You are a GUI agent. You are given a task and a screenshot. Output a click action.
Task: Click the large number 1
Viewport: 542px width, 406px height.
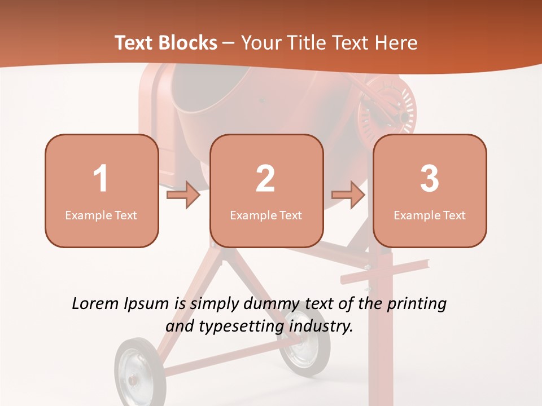(100, 179)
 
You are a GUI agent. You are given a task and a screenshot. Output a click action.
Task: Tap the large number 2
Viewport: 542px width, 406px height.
(265, 179)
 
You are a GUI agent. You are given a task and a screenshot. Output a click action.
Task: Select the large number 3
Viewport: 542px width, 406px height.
(430, 179)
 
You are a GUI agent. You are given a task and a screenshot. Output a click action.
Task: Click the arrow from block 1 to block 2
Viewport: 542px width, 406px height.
(184, 196)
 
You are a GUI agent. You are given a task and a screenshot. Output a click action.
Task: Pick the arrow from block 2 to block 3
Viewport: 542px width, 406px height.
(348, 196)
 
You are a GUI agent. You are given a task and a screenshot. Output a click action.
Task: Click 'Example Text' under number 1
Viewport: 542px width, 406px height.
(101, 215)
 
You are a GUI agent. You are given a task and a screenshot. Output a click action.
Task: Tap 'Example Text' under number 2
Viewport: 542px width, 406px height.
(266, 215)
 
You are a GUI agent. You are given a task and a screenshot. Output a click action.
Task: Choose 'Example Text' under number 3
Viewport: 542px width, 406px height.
(430, 215)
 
